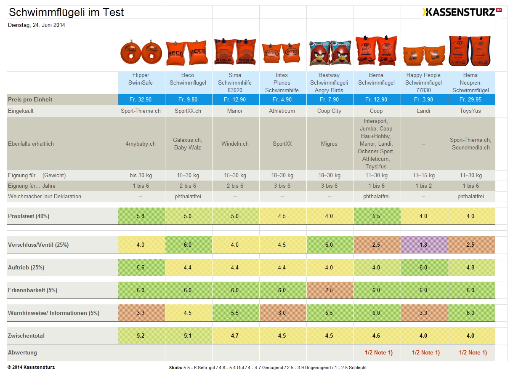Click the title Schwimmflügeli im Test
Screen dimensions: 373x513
[x=66, y=13]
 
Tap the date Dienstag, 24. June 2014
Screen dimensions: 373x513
[x=37, y=25]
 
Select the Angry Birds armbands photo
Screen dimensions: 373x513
[x=330, y=52]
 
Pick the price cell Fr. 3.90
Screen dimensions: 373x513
[x=423, y=100]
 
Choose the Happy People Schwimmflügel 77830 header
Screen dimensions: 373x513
[x=423, y=83]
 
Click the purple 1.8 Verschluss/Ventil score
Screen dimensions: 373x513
[x=423, y=245]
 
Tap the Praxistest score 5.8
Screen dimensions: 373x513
[x=141, y=216]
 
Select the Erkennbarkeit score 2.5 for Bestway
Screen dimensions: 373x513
[x=329, y=290]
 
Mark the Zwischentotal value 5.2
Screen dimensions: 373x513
[x=141, y=336]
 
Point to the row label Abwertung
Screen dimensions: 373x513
[x=22, y=352]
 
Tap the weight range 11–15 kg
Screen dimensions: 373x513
[x=423, y=175]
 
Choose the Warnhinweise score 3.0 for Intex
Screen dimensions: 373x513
[x=282, y=313]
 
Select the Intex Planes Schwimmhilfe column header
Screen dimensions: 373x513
[x=282, y=83]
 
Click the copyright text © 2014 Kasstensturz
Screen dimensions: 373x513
[x=31, y=367]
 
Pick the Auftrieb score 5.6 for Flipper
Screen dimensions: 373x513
[x=141, y=267]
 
